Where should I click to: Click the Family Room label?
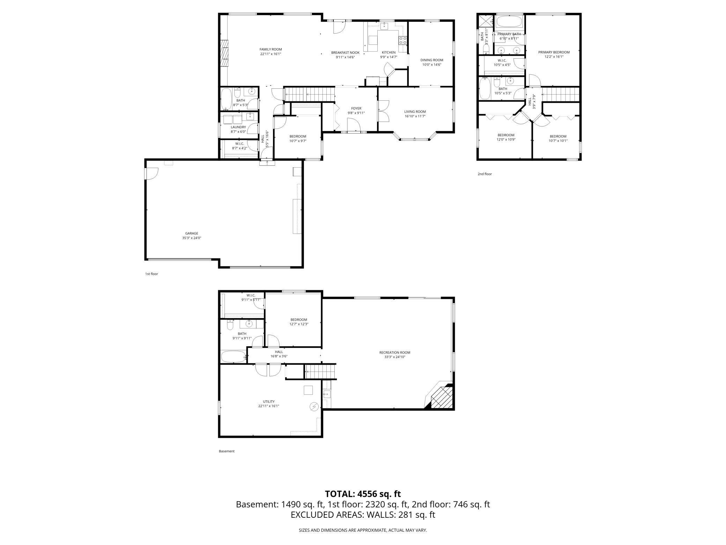tap(271, 49)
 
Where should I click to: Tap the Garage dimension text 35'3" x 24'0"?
tap(192, 238)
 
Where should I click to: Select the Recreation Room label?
tap(395, 353)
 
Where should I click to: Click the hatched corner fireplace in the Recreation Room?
tap(442, 398)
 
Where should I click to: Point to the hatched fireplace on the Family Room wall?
tap(224, 53)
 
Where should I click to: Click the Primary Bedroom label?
tap(554, 52)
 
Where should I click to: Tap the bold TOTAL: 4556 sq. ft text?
tap(363, 494)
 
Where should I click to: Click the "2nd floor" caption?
tap(484, 174)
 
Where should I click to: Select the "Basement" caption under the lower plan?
tap(227, 451)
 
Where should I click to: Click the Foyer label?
tap(356, 108)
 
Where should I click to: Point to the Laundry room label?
tap(238, 127)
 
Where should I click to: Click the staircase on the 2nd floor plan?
tap(561, 94)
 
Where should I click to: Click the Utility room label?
tap(268, 401)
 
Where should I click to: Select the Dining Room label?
tap(431, 60)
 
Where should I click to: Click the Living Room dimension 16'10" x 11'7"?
tap(415, 116)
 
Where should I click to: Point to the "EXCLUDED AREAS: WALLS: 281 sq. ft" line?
tap(363, 515)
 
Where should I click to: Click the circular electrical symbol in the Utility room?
tap(314, 406)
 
